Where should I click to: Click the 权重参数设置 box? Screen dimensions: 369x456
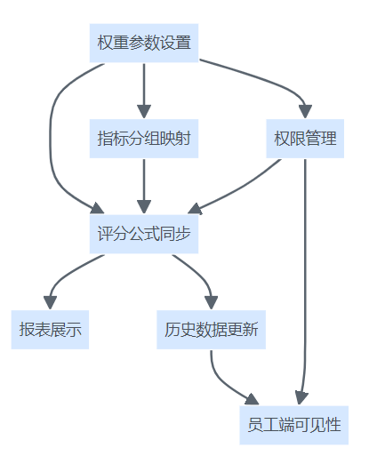(x=144, y=43)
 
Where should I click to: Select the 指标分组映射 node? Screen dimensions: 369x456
(x=144, y=139)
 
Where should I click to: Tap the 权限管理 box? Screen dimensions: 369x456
(x=305, y=139)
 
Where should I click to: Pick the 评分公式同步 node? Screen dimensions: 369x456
(x=144, y=234)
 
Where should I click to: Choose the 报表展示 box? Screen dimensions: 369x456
(x=50, y=330)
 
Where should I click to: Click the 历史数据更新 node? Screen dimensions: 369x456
(x=211, y=330)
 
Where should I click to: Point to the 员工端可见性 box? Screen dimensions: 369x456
(x=294, y=425)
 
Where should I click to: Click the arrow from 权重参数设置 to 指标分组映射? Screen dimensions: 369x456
(x=144, y=91)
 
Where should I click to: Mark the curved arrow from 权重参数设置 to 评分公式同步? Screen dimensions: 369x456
(x=51, y=138)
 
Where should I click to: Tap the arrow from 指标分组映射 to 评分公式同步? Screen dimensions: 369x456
(x=144, y=186)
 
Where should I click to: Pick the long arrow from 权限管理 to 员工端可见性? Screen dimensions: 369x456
(x=305, y=282)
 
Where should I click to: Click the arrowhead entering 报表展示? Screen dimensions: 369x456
(x=50, y=302)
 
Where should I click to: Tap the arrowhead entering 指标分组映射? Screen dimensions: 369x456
(x=144, y=111)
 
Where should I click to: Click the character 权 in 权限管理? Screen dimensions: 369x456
(x=282, y=139)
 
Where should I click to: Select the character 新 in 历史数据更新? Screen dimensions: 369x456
(x=250, y=330)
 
